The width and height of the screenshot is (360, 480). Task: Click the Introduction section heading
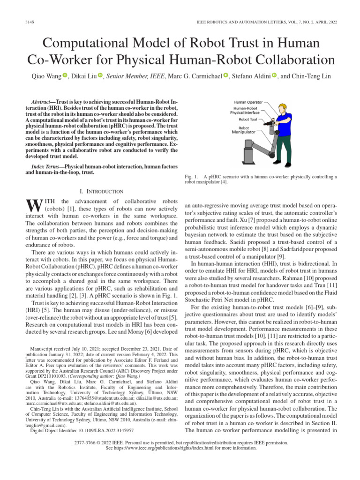coord(102,191)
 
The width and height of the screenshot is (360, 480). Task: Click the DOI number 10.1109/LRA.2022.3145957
coord(102,430)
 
